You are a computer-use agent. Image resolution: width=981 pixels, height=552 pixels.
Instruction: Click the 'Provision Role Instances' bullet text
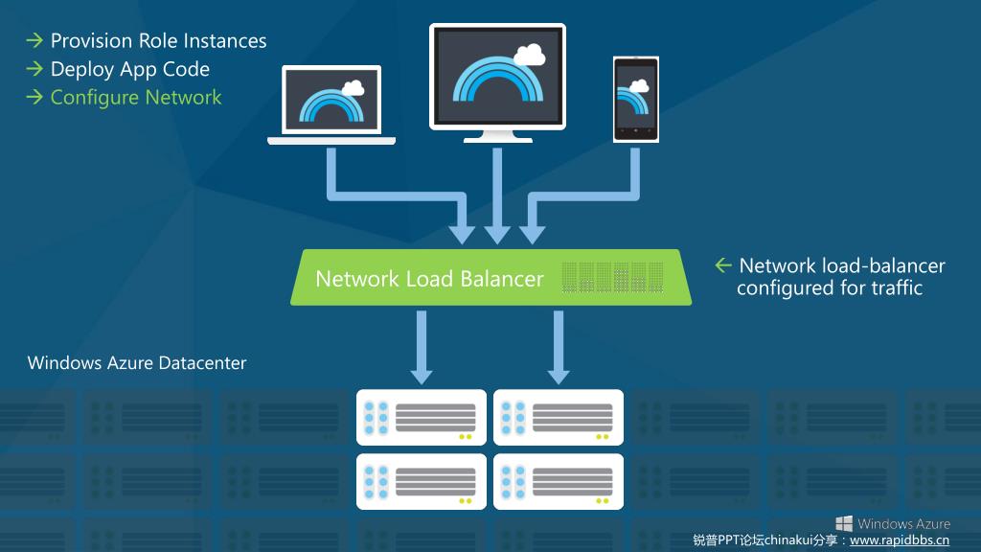(158, 41)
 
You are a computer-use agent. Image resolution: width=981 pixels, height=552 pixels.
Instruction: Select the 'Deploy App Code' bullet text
(129, 69)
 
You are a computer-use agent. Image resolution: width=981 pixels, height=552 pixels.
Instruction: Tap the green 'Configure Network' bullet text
(135, 98)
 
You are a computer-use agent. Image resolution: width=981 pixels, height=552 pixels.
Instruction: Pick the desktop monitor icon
(497, 80)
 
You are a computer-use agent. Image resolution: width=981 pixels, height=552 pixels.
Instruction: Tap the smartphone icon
(636, 100)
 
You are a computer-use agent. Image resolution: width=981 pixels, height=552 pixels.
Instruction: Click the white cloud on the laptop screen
(353, 88)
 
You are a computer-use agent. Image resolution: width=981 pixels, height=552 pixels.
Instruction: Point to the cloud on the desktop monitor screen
(530, 54)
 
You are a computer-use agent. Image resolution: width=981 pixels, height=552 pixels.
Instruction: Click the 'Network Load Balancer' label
(429, 279)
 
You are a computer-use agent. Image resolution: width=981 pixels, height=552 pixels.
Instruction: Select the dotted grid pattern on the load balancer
(612, 277)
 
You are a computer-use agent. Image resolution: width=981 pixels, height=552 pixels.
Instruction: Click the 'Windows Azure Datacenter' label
(137, 363)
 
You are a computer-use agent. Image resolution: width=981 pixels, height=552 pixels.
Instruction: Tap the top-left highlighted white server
(422, 418)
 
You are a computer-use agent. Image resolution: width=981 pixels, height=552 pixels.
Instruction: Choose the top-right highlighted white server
(559, 418)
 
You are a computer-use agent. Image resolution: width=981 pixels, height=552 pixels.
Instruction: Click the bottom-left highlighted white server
(422, 481)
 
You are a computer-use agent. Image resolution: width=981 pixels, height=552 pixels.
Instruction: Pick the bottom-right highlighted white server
(559, 481)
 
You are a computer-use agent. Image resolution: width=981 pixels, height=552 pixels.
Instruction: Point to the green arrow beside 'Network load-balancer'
(723, 265)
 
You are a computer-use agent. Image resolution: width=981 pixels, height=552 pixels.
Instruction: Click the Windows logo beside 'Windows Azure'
(844, 523)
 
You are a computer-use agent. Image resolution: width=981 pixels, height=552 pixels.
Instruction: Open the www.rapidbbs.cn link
(900, 540)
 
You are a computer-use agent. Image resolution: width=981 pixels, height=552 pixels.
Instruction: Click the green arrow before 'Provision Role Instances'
(34, 41)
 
